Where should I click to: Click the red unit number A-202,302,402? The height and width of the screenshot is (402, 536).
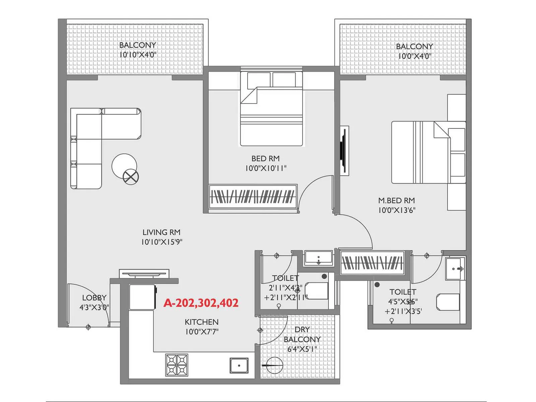coord(201,303)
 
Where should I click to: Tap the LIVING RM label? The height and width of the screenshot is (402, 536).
coord(161,232)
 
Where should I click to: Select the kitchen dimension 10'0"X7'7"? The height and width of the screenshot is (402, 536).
coord(202,332)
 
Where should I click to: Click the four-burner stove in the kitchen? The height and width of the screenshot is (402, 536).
coord(177,365)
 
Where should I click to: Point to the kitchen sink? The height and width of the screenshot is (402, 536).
coord(239,365)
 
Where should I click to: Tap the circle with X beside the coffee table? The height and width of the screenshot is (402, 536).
coord(131,176)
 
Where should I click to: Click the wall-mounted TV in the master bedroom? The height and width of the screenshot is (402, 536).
coord(343,151)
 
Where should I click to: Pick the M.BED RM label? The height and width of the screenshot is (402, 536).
coord(397,200)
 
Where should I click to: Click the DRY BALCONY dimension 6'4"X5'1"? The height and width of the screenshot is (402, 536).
coord(302,349)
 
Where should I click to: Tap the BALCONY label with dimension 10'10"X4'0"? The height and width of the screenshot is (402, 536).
coord(138,45)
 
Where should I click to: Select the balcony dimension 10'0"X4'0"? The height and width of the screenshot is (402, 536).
coord(414,56)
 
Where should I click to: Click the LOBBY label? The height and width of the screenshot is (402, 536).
coord(94,297)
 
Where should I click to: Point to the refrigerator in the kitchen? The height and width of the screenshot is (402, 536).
coord(142,297)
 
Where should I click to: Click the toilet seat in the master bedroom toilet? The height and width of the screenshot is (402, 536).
coord(448,302)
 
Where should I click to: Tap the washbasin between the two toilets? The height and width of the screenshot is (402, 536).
coord(318,258)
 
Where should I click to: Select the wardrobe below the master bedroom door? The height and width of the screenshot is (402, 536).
coord(372,262)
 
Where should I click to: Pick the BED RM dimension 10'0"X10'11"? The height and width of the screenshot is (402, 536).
coord(266,168)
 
